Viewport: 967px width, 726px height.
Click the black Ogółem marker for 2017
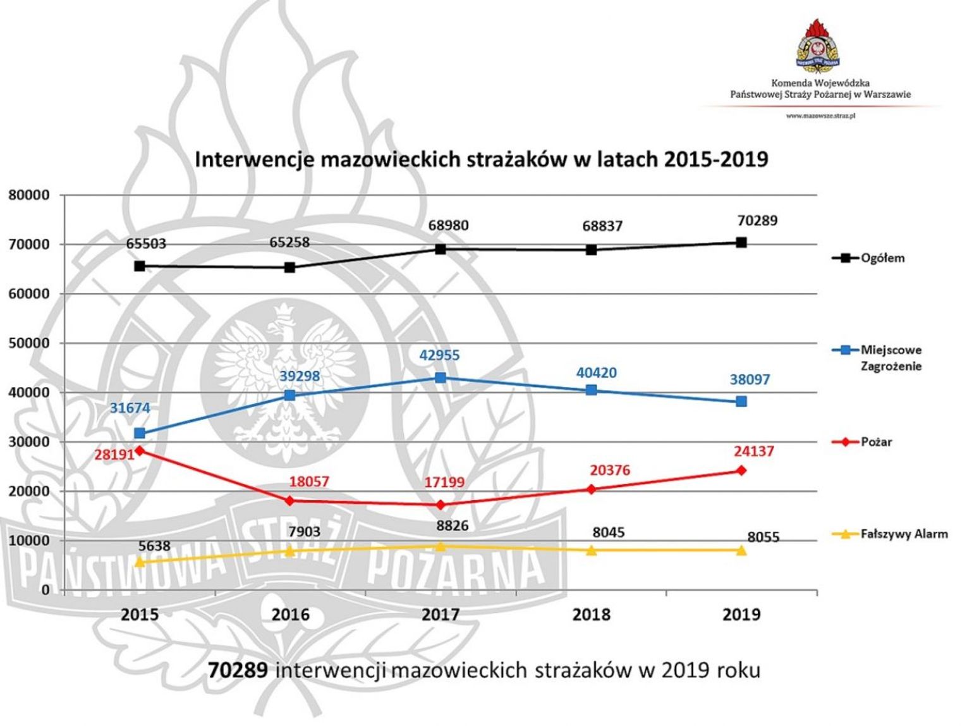(x=441, y=249)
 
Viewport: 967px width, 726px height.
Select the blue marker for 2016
(x=290, y=395)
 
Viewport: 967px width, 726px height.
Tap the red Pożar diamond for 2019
(x=741, y=471)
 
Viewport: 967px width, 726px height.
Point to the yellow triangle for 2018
(x=591, y=550)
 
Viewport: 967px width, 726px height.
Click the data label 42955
(x=439, y=355)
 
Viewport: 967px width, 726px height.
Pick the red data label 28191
(x=114, y=454)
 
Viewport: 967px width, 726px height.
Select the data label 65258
(x=289, y=242)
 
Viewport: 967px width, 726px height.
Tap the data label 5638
(x=154, y=546)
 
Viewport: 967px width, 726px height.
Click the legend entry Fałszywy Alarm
(x=904, y=534)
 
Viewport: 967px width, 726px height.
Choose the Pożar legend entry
(x=875, y=442)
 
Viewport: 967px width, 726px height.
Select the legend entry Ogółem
(x=882, y=258)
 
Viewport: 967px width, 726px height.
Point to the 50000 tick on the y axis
(x=28, y=343)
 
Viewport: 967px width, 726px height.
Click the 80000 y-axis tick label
(x=28, y=195)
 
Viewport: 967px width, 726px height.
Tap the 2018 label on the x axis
(x=591, y=615)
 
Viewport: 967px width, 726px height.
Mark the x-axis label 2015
(x=140, y=615)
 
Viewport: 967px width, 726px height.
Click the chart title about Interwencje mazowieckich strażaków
(x=481, y=159)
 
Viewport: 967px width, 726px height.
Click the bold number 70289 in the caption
(x=238, y=670)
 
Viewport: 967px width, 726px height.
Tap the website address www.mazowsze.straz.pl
(x=820, y=116)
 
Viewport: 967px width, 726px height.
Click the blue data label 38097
(x=750, y=379)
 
